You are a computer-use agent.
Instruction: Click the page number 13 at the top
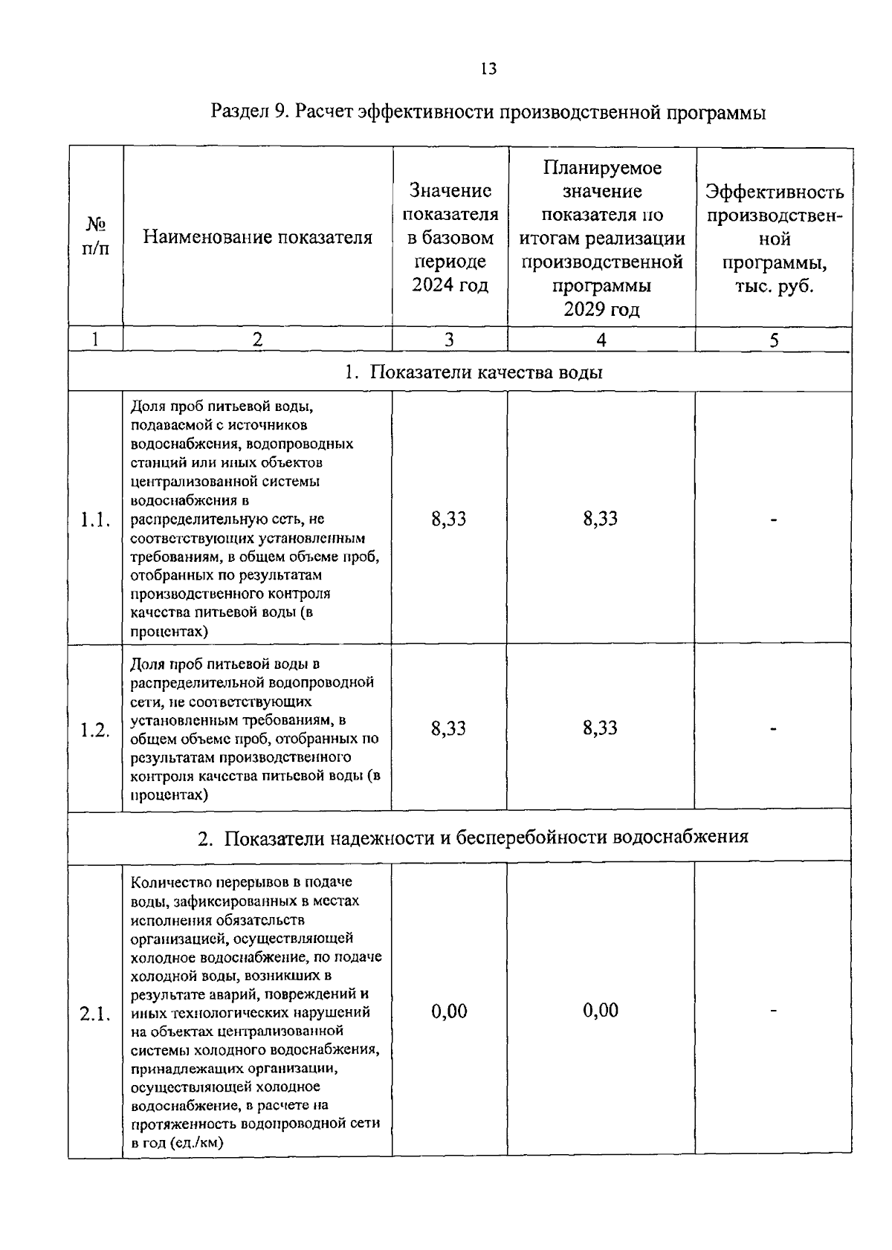[x=488, y=69]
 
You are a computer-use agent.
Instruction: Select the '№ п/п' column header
[x=95, y=236]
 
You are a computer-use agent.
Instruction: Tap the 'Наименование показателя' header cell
[x=257, y=237]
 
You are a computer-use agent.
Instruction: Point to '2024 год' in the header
[x=450, y=285]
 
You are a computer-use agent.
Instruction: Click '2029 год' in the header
[x=601, y=309]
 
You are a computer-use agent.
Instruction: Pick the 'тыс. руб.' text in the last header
[x=774, y=286]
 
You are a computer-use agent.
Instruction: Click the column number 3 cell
[x=449, y=340]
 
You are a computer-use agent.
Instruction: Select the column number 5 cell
[x=774, y=340]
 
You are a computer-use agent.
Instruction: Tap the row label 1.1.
[x=95, y=519]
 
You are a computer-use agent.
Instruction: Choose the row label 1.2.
[x=95, y=730]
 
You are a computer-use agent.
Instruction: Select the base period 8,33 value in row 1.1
[x=449, y=519]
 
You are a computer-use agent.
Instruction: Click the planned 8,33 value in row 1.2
[x=600, y=728]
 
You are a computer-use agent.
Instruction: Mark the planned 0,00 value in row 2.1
[x=600, y=1010]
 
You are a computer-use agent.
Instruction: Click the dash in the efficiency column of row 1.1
[x=774, y=520]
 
